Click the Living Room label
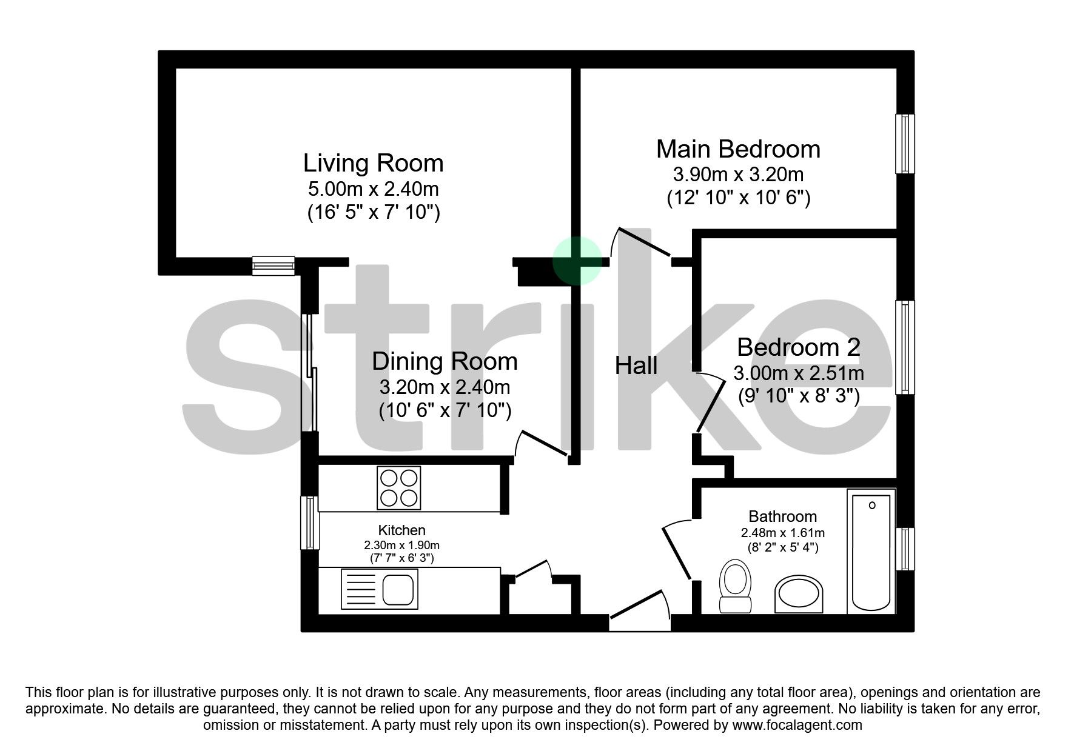[x=373, y=163]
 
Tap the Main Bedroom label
[x=738, y=149]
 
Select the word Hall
[x=636, y=365]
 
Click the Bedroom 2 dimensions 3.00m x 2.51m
[x=798, y=373]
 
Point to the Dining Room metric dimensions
[x=445, y=387]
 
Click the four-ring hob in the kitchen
[x=398, y=488]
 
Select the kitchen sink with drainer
[x=380, y=589]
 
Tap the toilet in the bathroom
[x=735, y=586]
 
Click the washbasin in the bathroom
[x=799, y=593]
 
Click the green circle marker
[x=577, y=261]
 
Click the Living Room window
[x=273, y=265]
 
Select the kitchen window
[x=310, y=522]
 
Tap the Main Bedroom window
[x=905, y=144]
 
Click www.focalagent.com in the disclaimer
[x=797, y=725]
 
